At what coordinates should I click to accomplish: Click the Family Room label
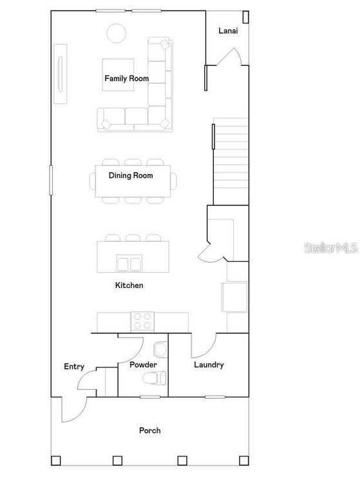127,79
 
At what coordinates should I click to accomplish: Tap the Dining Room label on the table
131,175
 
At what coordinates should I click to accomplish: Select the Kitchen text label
129,285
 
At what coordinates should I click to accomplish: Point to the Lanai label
229,31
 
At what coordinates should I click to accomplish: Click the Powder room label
143,365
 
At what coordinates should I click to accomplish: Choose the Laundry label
209,365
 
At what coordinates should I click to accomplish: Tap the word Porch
149,431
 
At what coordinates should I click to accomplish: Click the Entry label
74,367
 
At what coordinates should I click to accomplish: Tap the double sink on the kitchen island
130,263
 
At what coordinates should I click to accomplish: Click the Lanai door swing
229,58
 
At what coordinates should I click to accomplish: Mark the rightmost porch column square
244,460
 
